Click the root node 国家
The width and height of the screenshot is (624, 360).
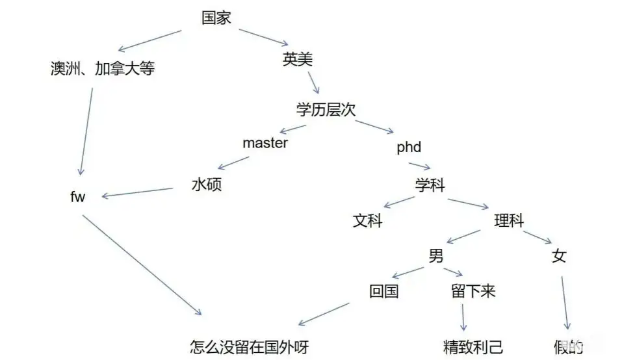pyautogui.click(x=216, y=18)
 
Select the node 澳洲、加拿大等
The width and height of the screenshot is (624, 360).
pyautogui.click(x=103, y=68)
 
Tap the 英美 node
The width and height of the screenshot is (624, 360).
pyautogui.click(x=298, y=60)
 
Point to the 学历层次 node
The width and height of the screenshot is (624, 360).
pyautogui.click(x=326, y=109)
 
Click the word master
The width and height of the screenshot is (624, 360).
pyautogui.click(x=265, y=143)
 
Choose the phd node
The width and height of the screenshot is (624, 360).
pyautogui.click(x=409, y=148)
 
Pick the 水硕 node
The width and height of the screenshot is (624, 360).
pyautogui.click(x=207, y=185)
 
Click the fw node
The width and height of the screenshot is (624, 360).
pyautogui.click(x=78, y=197)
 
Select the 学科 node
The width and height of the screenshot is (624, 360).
pyautogui.click(x=430, y=185)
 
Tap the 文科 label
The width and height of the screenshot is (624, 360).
pyautogui.click(x=368, y=221)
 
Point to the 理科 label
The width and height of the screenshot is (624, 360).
pyautogui.click(x=509, y=221)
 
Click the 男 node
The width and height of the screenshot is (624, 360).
pyautogui.click(x=435, y=256)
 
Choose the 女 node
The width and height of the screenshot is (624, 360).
pyautogui.click(x=559, y=256)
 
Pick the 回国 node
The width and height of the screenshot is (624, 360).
pyautogui.click(x=383, y=291)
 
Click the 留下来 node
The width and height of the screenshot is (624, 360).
pyautogui.click(x=473, y=291)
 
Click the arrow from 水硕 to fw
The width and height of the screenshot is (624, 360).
pyautogui.click(x=138, y=192)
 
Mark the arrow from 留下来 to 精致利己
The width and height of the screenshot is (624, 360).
pyautogui.click(x=463, y=318)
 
